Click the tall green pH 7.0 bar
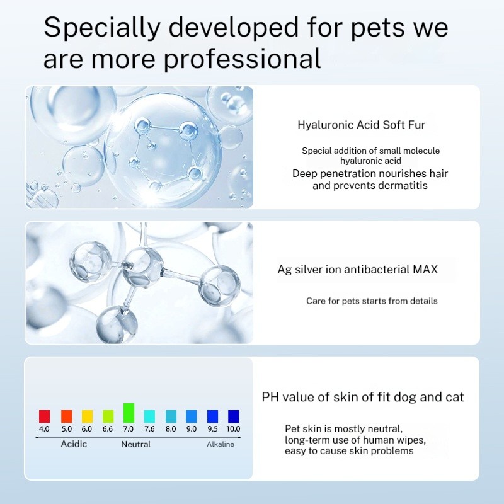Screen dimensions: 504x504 [x=129, y=413]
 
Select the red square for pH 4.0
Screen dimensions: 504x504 [x=44, y=416]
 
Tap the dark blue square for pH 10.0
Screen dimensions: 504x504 [x=234, y=416]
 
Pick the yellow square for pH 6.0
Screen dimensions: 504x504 [x=87, y=416]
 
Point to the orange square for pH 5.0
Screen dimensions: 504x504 [x=66, y=416]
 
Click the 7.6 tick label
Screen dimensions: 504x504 [x=149, y=429]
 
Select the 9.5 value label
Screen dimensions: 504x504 [x=212, y=429]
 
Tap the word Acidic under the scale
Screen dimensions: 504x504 [x=74, y=444]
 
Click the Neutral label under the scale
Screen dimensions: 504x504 [x=135, y=444]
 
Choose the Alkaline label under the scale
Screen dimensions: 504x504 [x=220, y=444]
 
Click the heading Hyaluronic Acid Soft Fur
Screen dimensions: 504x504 [x=361, y=125]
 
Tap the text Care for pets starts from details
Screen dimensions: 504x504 [x=372, y=301]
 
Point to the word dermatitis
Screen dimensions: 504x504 [x=399, y=185]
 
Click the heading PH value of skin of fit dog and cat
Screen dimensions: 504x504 [x=363, y=397]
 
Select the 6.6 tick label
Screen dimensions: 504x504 [x=108, y=429]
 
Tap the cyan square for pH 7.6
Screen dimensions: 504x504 [x=149, y=416]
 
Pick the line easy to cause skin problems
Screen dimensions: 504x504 [x=349, y=450]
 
